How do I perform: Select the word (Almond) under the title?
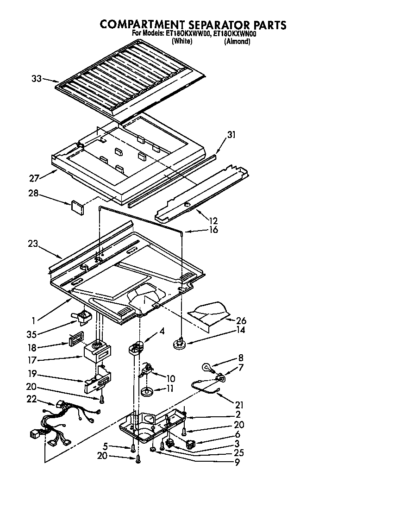(237, 42)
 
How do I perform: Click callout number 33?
(37, 79)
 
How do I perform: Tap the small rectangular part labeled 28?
(76, 206)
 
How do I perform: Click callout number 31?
(231, 135)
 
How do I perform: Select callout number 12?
(213, 221)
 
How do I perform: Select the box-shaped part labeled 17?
(96, 353)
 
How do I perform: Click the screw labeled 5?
(133, 448)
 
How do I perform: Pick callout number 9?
(237, 462)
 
